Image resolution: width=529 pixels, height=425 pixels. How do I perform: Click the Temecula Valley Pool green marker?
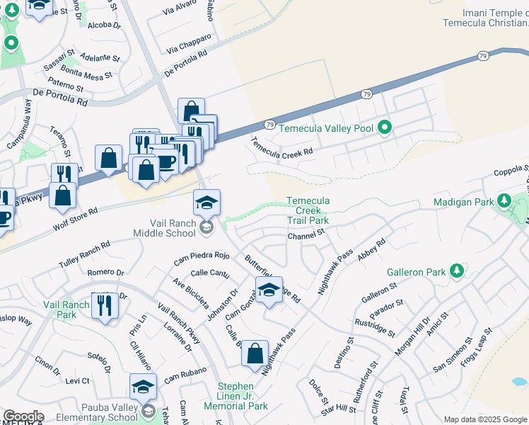[385, 127]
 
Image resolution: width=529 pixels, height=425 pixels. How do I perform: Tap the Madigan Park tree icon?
[504, 201]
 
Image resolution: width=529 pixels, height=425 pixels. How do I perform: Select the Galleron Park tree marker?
[457, 270]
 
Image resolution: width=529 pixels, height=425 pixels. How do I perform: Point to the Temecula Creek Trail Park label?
[308, 210]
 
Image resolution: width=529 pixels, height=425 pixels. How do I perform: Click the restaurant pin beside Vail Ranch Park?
[105, 306]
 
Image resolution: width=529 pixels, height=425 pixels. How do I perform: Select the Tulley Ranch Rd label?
[85, 253]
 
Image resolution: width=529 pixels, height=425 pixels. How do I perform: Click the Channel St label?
[306, 233]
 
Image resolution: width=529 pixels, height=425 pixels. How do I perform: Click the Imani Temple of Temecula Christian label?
[485, 18]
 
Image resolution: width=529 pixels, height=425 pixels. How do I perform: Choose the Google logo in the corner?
[23, 417]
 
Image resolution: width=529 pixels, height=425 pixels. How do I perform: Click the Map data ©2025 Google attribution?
[486, 419]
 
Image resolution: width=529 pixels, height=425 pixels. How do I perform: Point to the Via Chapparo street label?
[189, 44]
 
